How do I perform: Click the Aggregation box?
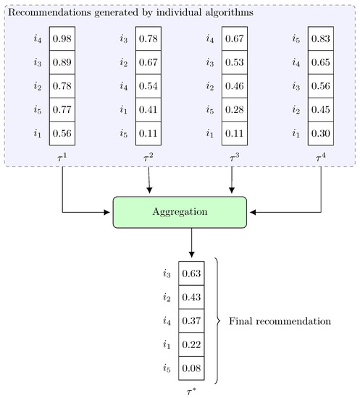point(180,212)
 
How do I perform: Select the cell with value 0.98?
point(62,38)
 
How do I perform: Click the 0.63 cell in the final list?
point(191,274)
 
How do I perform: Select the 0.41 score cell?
point(148,108)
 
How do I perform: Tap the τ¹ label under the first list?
point(62,154)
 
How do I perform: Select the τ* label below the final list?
point(191,389)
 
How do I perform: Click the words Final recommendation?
point(279,320)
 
